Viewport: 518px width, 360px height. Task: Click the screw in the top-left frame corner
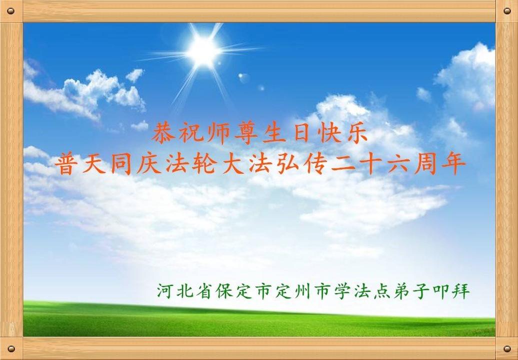(10, 11)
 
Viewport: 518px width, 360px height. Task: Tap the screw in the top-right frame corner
(507, 11)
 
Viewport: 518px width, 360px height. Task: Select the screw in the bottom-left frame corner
(10, 348)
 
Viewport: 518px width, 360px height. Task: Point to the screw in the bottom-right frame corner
(507, 348)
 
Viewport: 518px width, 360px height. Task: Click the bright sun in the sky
(203, 51)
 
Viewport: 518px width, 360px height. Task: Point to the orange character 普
(65, 163)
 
